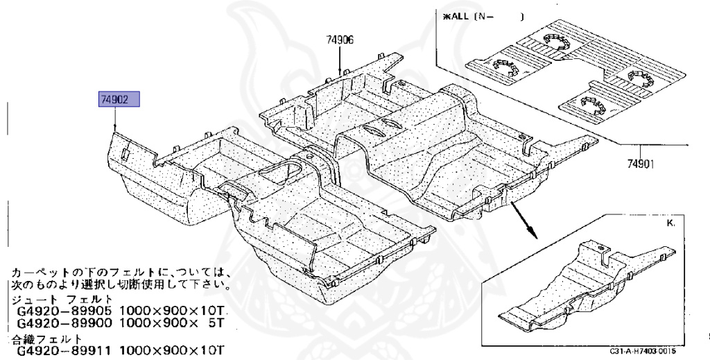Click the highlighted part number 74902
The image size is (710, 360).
(x=120, y=101)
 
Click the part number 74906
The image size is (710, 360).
(x=340, y=40)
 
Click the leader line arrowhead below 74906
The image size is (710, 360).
(x=339, y=71)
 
